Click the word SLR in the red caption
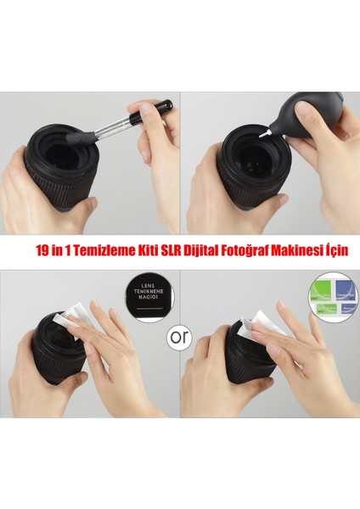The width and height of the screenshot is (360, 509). (176, 252)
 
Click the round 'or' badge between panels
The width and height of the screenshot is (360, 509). (178, 337)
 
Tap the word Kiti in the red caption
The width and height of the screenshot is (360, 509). (151, 252)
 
